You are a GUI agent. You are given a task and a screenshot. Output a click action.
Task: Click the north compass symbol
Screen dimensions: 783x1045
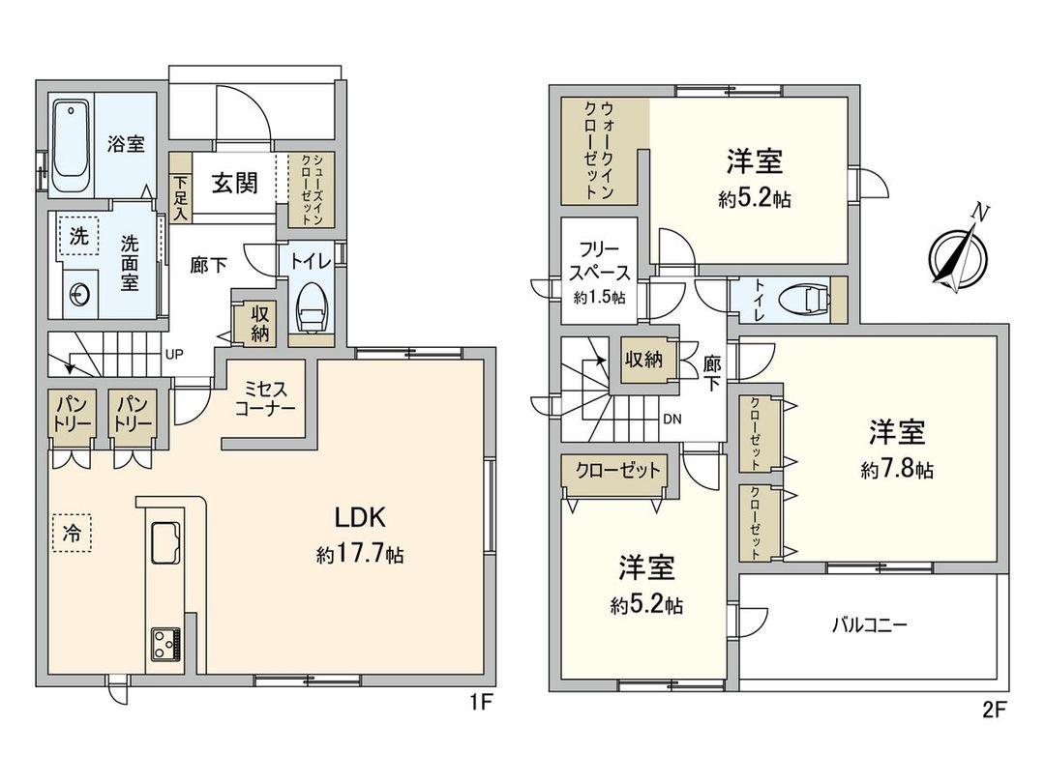[958, 254]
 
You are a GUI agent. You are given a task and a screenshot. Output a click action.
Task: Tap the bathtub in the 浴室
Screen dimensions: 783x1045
[70, 144]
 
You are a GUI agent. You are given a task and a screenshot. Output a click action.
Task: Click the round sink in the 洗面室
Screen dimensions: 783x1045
[79, 294]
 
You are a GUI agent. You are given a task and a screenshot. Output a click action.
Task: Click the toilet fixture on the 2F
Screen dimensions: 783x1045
[802, 300]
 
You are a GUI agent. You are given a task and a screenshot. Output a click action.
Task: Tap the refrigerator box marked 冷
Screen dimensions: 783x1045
[72, 532]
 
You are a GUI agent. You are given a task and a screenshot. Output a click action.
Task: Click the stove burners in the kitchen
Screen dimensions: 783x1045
[165, 644]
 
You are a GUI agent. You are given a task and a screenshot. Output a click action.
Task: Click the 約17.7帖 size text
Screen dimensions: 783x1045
[359, 555]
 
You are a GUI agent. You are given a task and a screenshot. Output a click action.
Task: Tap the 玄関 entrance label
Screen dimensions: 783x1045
[234, 183]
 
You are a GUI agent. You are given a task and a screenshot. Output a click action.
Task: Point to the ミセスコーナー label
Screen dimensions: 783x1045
[265, 397]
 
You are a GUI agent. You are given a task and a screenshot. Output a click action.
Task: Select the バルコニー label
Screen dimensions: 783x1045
[869, 624]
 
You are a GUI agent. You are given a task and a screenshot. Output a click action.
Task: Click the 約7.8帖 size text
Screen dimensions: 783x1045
[897, 470]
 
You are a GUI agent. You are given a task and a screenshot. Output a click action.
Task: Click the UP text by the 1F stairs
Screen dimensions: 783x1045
[175, 354]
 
